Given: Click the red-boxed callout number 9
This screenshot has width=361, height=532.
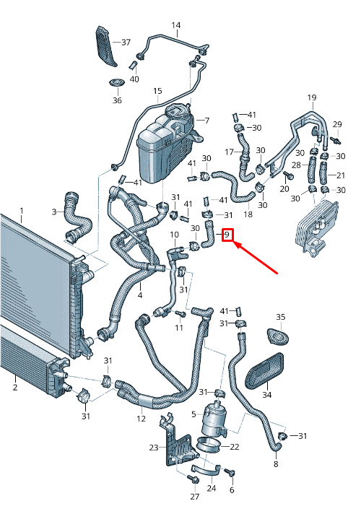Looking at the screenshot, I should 227,235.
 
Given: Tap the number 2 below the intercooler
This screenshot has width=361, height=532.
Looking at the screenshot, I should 14,388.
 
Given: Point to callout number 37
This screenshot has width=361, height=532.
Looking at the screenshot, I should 126,43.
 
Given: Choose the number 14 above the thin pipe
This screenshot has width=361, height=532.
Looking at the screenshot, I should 175,26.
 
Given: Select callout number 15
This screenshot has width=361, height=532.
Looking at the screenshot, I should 157,91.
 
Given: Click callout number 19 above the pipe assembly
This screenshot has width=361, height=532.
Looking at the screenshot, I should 312,97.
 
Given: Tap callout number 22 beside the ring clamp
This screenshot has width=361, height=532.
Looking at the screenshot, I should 234,448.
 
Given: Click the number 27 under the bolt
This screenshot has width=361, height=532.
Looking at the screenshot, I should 193,497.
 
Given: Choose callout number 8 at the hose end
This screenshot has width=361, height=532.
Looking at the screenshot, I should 275,464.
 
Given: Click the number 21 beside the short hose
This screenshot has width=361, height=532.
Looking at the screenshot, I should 341,175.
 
